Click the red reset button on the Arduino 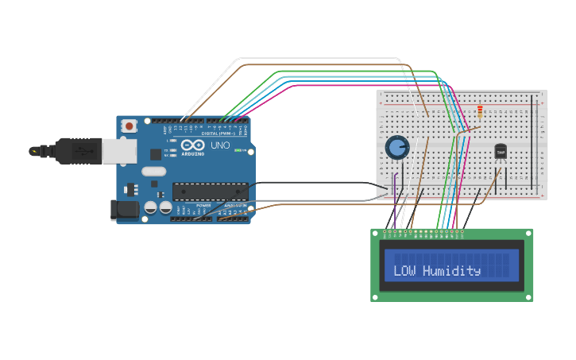(x=129, y=126)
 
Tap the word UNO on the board (x=220, y=145)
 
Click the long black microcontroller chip (x=210, y=192)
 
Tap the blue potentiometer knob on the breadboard (x=396, y=147)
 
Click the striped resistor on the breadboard (x=480, y=112)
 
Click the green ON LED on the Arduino (x=236, y=149)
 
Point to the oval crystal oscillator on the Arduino (x=153, y=171)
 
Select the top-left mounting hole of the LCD (x=377, y=234)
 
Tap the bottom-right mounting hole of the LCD (x=528, y=296)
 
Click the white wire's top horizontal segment (x=318, y=59)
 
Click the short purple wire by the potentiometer (x=394, y=192)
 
